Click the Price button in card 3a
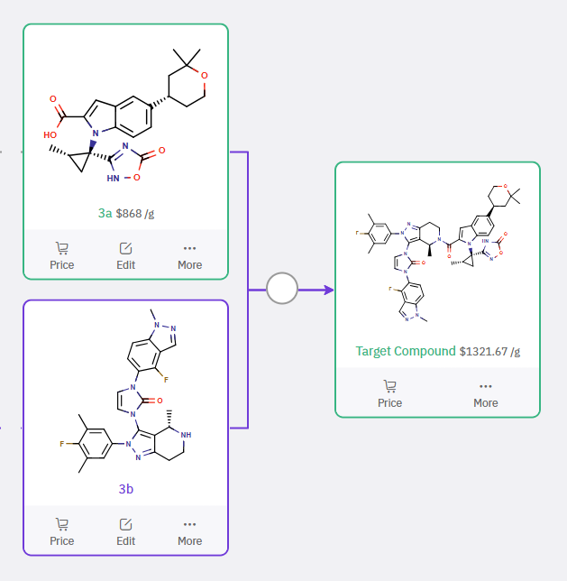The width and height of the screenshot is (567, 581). point(62,255)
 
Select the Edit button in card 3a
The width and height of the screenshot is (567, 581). point(126,255)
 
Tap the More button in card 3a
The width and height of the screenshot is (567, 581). point(189,255)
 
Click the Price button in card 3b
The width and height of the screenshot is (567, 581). point(62,531)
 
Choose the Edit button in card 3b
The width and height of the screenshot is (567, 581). point(126,531)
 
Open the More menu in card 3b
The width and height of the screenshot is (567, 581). point(189,531)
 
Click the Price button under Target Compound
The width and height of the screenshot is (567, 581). point(389,393)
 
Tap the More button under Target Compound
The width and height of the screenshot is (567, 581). point(485,393)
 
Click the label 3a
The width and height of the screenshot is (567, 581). point(105,214)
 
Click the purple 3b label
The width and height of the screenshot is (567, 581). point(125,489)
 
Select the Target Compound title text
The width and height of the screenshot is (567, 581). point(406,351)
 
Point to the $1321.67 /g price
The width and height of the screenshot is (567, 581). point(489,351)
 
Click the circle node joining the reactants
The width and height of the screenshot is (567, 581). point(282,290)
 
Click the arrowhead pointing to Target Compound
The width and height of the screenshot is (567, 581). point(328,290)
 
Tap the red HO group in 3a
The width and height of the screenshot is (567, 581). point(50,133)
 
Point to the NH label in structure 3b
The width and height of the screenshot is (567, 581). point(186,434)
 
